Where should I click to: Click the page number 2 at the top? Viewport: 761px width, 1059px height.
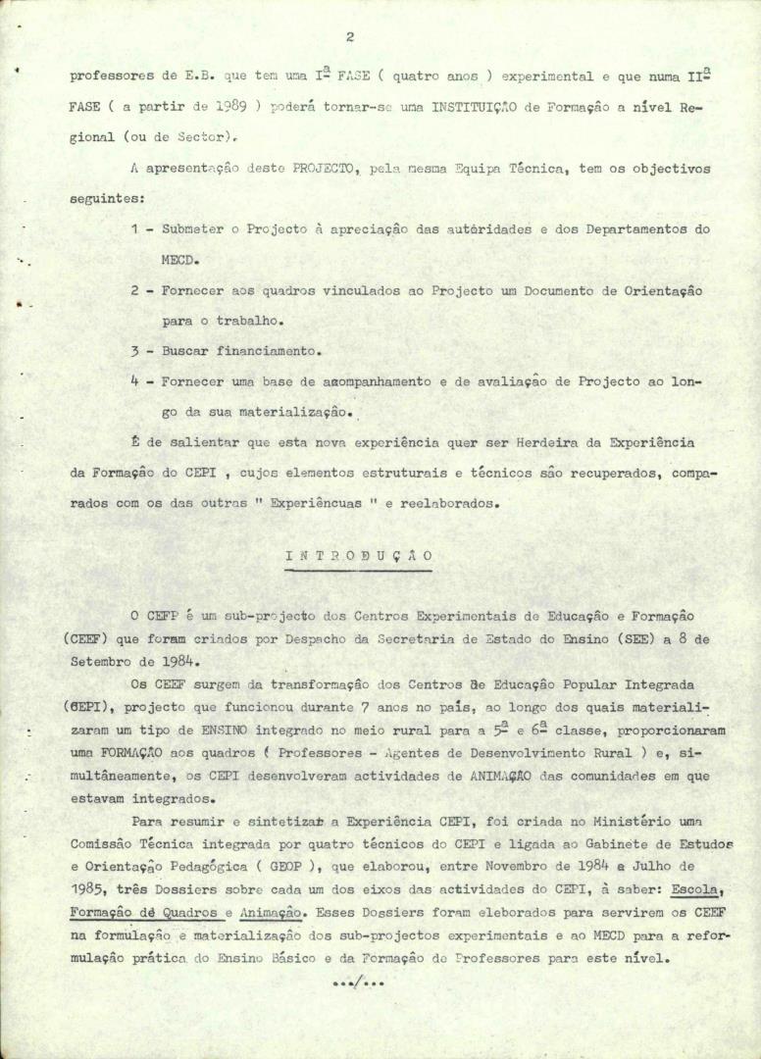(349, 37)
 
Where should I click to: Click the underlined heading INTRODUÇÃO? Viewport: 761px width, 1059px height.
(359, 556)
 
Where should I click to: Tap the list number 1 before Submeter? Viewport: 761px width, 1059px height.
(134, 229)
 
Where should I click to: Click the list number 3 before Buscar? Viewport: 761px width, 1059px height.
(134, 350)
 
